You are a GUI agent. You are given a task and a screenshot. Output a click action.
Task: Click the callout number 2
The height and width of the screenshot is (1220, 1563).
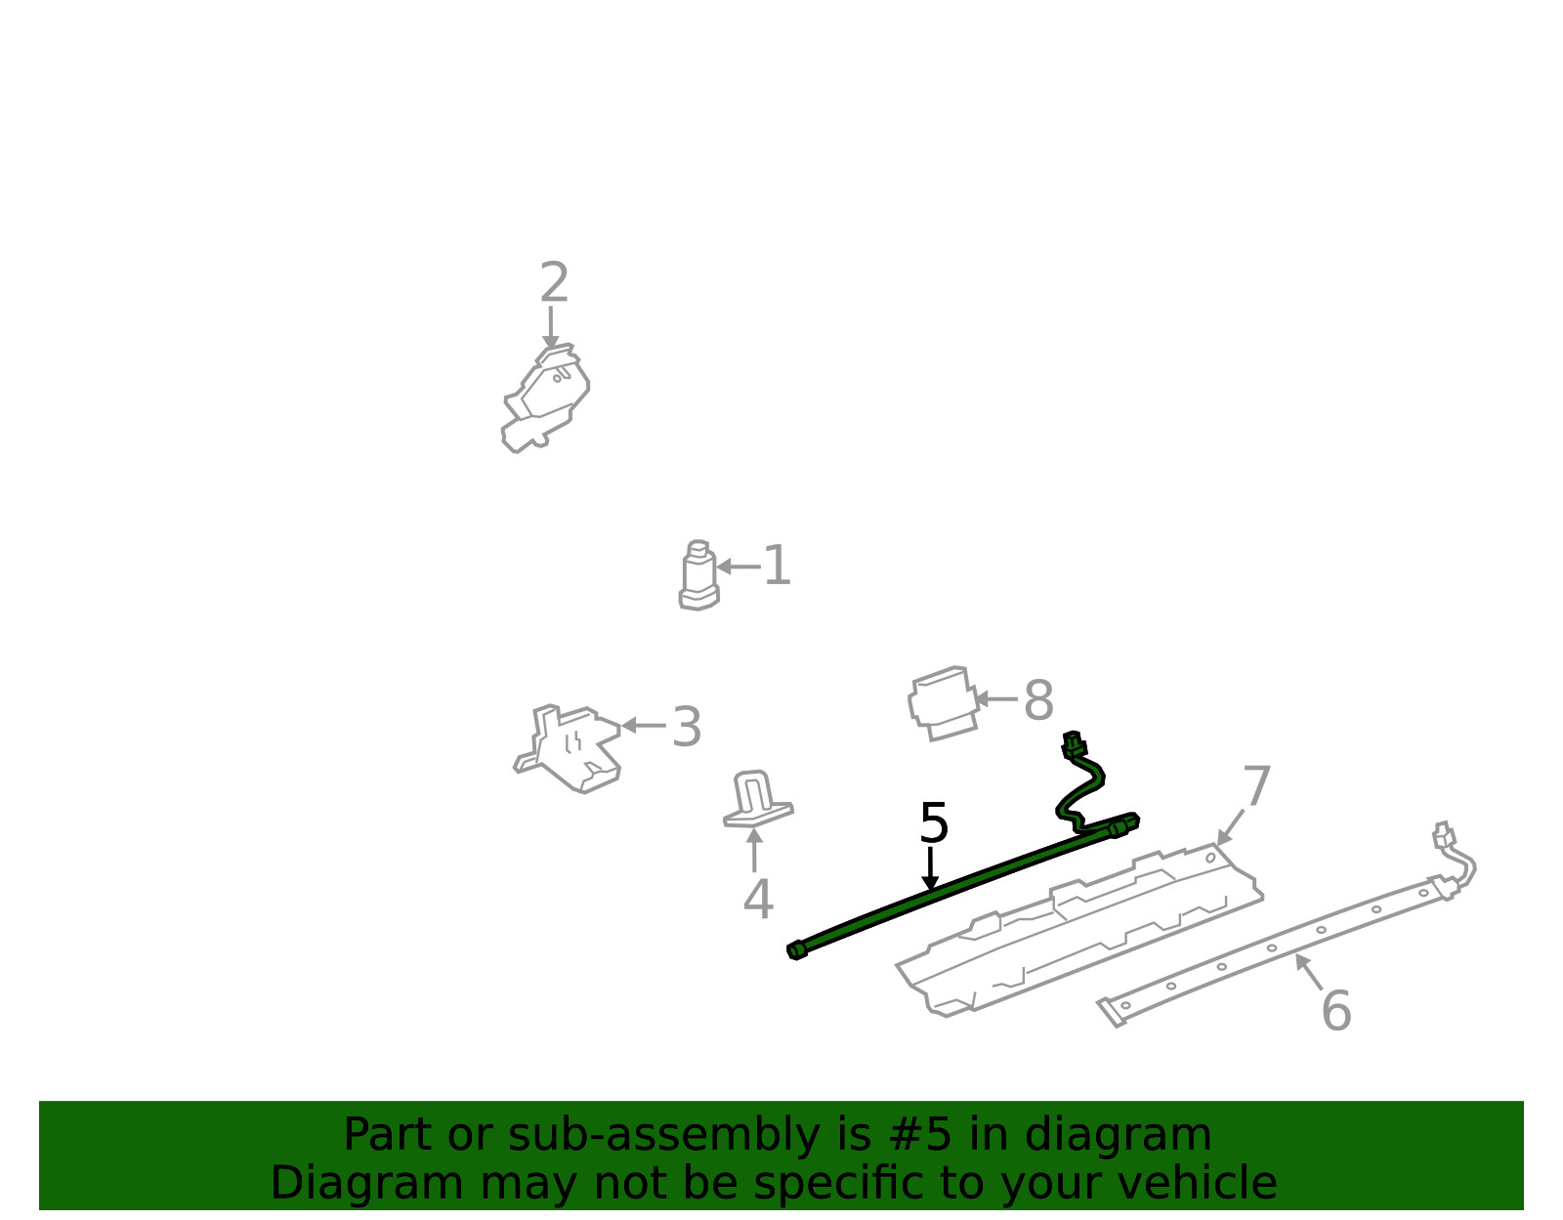pos(554,282)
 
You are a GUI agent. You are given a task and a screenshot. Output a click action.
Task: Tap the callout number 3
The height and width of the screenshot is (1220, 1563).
pos(686,727)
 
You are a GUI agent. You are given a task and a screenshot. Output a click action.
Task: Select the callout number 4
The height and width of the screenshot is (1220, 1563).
pos(758,899)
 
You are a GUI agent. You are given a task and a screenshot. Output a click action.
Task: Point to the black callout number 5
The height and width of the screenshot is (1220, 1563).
pos(934,822)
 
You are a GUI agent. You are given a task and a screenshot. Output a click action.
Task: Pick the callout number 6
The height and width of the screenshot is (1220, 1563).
pos(1336,1011)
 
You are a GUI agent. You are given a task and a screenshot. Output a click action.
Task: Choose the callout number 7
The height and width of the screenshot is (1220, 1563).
pos(1257,785)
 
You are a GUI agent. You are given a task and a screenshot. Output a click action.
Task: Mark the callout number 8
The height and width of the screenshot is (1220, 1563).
pos(1038,700)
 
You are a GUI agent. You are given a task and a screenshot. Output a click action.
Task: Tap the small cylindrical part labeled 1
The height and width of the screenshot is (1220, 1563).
pos(698,576)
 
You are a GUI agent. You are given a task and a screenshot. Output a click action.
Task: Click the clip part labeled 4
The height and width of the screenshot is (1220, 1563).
pos(757,799)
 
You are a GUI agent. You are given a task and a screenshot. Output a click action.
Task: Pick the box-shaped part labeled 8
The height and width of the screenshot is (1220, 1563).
pos(943,703)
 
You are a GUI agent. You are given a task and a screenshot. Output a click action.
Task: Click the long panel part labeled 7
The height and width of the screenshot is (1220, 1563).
pos(1078,930)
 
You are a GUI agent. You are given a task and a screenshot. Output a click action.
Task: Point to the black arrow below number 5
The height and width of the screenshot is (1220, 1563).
pos(930,868)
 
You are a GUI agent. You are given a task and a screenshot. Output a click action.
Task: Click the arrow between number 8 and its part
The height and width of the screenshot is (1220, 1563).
pos(997,698)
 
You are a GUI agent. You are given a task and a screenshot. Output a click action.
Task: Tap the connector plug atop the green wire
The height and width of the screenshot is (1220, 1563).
pos(1074,745)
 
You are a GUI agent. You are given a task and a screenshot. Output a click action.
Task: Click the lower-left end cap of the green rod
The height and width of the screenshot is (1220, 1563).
pos(797,950)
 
